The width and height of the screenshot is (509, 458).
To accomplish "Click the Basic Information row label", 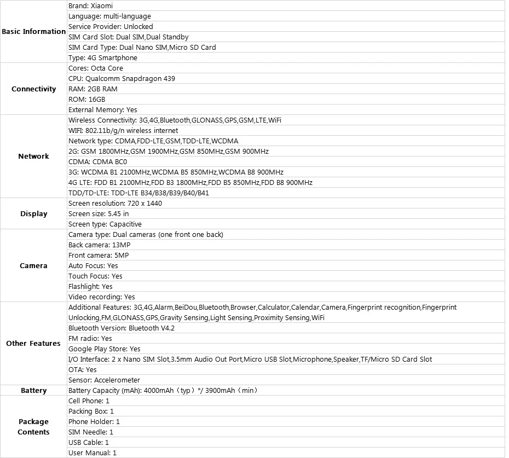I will point(33,32).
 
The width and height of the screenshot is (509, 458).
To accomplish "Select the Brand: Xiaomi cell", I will point(91,6).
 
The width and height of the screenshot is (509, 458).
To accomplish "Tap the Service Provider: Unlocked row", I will point(111,27).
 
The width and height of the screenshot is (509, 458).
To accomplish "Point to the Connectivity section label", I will point(33,89).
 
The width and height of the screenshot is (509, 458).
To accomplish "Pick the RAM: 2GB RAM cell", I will point(93,89).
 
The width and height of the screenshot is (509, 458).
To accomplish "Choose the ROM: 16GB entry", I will point(87,100).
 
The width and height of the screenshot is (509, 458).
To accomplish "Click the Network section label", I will point(33,156).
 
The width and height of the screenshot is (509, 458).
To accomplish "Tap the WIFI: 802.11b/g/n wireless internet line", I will point(123,131).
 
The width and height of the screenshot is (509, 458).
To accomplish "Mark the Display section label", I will point(33,214).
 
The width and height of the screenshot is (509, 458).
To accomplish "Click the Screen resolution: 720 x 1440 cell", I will point(115,204).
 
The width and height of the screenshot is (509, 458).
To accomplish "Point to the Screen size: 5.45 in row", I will point(99,214).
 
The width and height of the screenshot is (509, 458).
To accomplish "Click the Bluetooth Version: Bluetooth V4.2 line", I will point(121,328).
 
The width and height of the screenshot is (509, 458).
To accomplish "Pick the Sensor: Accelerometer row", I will point(104,380).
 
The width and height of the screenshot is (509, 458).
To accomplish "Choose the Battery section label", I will point(33,391).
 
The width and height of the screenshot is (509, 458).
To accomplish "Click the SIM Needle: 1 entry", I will point(91,432).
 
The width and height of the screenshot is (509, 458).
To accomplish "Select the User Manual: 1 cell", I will point(92,453).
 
